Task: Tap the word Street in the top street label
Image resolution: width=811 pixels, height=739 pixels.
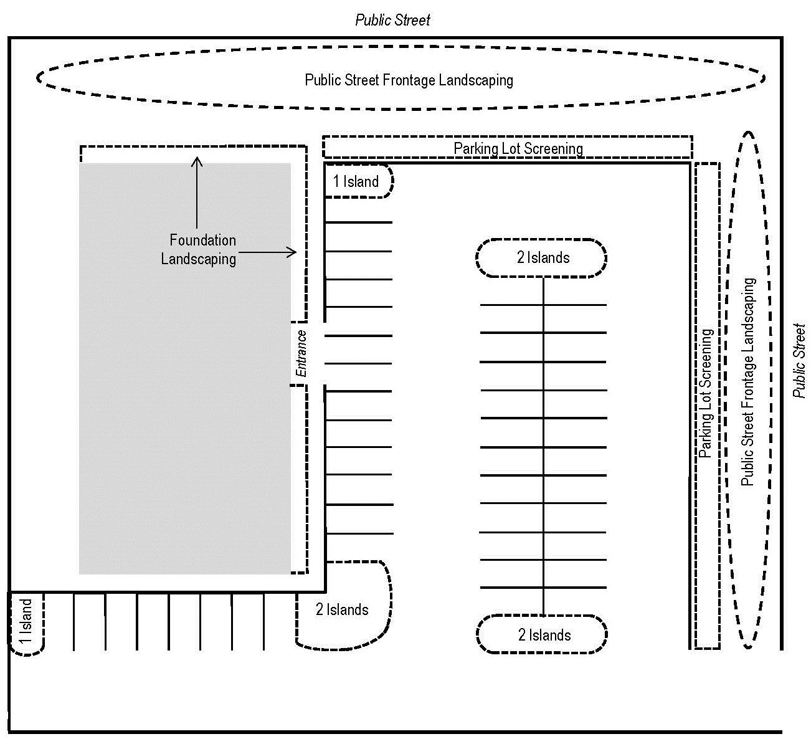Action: pos(412,21)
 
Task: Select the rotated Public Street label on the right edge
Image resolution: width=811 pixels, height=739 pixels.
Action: pos(799,360)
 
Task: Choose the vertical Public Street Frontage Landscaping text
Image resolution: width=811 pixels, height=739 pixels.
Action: pos(748,381)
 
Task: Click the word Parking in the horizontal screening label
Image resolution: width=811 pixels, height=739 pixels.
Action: pos(476,148)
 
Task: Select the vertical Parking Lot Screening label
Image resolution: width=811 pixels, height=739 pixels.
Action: pos(706,393)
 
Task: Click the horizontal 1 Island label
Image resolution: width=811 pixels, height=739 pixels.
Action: pos(356,181)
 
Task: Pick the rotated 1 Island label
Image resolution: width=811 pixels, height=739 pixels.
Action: pos(26,622)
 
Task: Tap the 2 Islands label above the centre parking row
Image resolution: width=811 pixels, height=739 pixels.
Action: pos(543,257)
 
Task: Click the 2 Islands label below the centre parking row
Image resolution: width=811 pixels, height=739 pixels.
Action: pos(544,635)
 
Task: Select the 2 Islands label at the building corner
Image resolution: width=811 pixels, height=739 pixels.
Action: pos(342,609)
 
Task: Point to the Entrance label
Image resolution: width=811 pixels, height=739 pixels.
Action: pos(301,353)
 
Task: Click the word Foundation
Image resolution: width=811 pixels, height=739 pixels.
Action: pos(202,240)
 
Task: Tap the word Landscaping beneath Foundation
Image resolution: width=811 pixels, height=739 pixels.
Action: pos(199,258)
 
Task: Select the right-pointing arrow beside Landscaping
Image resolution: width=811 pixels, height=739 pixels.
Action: pos(267,252)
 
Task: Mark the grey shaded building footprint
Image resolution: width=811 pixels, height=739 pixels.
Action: pos(184,405)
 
